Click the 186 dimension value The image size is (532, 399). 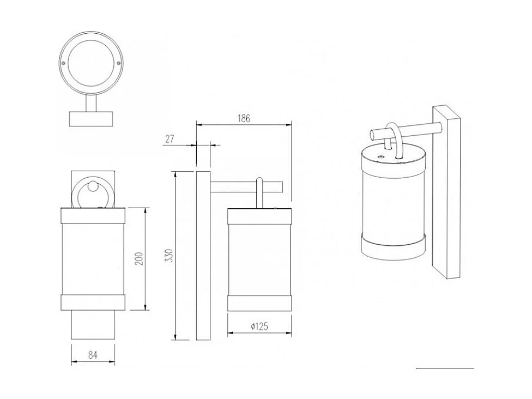[x=244, y=118]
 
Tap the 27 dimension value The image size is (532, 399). [x=170, y=139]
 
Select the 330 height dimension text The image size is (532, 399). [x=169, y=256]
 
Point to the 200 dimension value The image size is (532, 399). [x=139, y=258]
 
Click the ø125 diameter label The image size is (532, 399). [x=259, y=326]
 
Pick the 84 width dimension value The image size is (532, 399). [x=93, y=355]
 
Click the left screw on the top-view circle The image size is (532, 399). [x=65, y=64]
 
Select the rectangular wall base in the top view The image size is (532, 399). [x=92, y=118]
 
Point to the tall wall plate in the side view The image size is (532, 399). [x=203, y=256]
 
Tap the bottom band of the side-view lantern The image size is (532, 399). [x=259, y=304]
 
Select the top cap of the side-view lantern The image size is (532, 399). [x=259, y=216]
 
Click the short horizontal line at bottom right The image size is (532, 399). [x=444, y=369]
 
